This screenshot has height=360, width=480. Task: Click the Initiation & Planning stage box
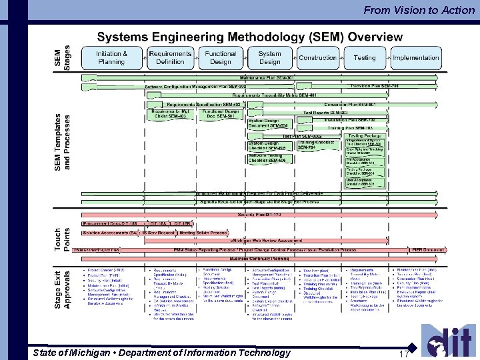tap(111, 58)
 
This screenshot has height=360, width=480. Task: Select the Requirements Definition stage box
tap(170, 58)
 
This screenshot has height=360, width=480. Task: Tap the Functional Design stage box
tap(220, 58)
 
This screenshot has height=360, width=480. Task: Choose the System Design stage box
tap(269, 58)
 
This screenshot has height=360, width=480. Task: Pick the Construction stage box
tap(317, 58)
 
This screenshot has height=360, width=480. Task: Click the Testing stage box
tap(365, 58)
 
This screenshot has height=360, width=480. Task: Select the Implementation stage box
tap(415, 58)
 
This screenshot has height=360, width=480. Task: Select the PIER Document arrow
tap(427, 249)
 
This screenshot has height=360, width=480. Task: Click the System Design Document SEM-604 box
tap(269, 123)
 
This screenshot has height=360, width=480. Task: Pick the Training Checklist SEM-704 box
tap(316, 145)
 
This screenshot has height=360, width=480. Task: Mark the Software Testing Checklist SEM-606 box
tap(268, 158)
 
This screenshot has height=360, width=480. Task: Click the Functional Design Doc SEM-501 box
tap(220, 114)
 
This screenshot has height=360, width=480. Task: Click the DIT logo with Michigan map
tap(447, 340)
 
